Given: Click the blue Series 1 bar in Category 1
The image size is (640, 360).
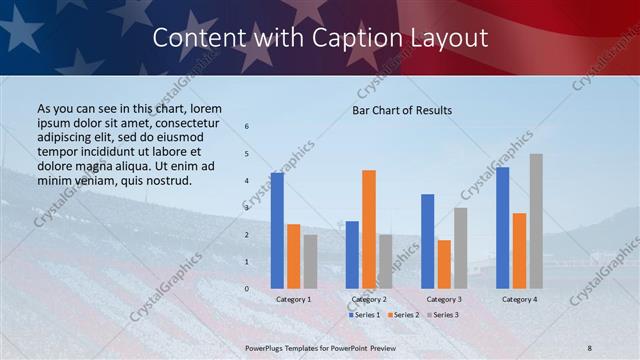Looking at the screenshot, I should click(277, 230).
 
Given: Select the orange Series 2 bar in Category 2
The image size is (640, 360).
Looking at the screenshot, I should click(369, 229).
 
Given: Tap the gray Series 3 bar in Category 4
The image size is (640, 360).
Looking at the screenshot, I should click(536, 221).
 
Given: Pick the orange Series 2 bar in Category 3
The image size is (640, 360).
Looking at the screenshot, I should click(444, 264).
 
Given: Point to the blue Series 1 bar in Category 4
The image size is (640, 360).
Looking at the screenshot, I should click(502, 227).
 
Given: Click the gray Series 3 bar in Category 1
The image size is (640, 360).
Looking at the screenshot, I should click(310, 261).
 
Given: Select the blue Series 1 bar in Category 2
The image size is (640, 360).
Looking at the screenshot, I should click(352, 254).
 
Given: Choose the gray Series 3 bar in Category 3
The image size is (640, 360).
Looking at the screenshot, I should click(461, 247).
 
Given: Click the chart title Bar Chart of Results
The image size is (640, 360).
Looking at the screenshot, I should click(402, 110).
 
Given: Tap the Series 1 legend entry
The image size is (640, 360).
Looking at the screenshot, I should click(364, 315).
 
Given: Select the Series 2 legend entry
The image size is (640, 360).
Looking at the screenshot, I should click(402, 315).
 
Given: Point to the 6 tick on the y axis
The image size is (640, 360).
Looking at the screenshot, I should click(247, 126).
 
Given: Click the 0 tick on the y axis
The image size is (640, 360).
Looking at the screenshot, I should click(247, 288).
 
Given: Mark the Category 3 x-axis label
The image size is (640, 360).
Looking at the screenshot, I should click(444, 299).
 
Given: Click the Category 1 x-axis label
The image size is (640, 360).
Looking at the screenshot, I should click(294, 299).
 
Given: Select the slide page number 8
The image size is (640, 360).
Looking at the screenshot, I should click(590, 347).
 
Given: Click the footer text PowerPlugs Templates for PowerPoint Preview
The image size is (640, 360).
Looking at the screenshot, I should click(319, 347).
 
